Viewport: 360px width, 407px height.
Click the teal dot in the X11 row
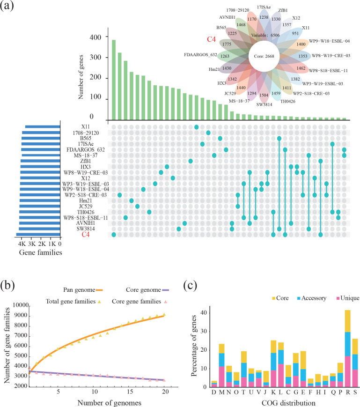coord(197,127)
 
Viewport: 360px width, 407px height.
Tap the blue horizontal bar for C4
coord(38,235)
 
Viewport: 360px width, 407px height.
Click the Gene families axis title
coord(39,252)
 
